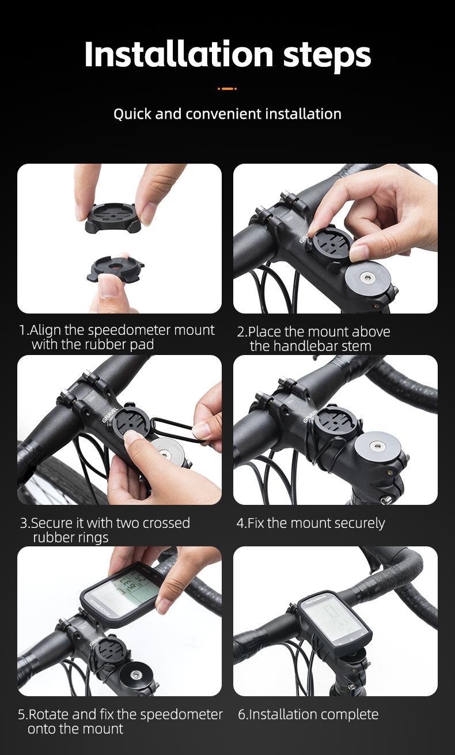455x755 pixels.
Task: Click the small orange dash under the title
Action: pos(227,89)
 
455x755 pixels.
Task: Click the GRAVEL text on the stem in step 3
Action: pos(111,415)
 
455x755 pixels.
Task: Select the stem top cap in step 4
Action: pos(377,446)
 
